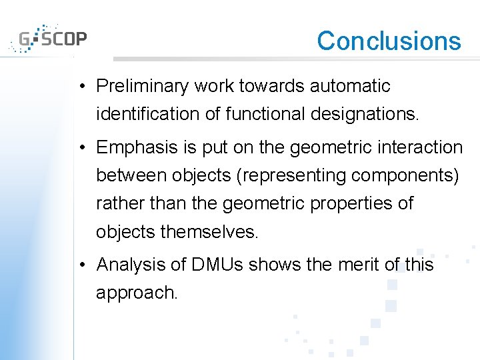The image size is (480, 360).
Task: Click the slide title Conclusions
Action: [389, 41]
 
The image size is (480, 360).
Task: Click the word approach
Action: [137, 293]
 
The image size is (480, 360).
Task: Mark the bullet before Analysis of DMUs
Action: [80, 265]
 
